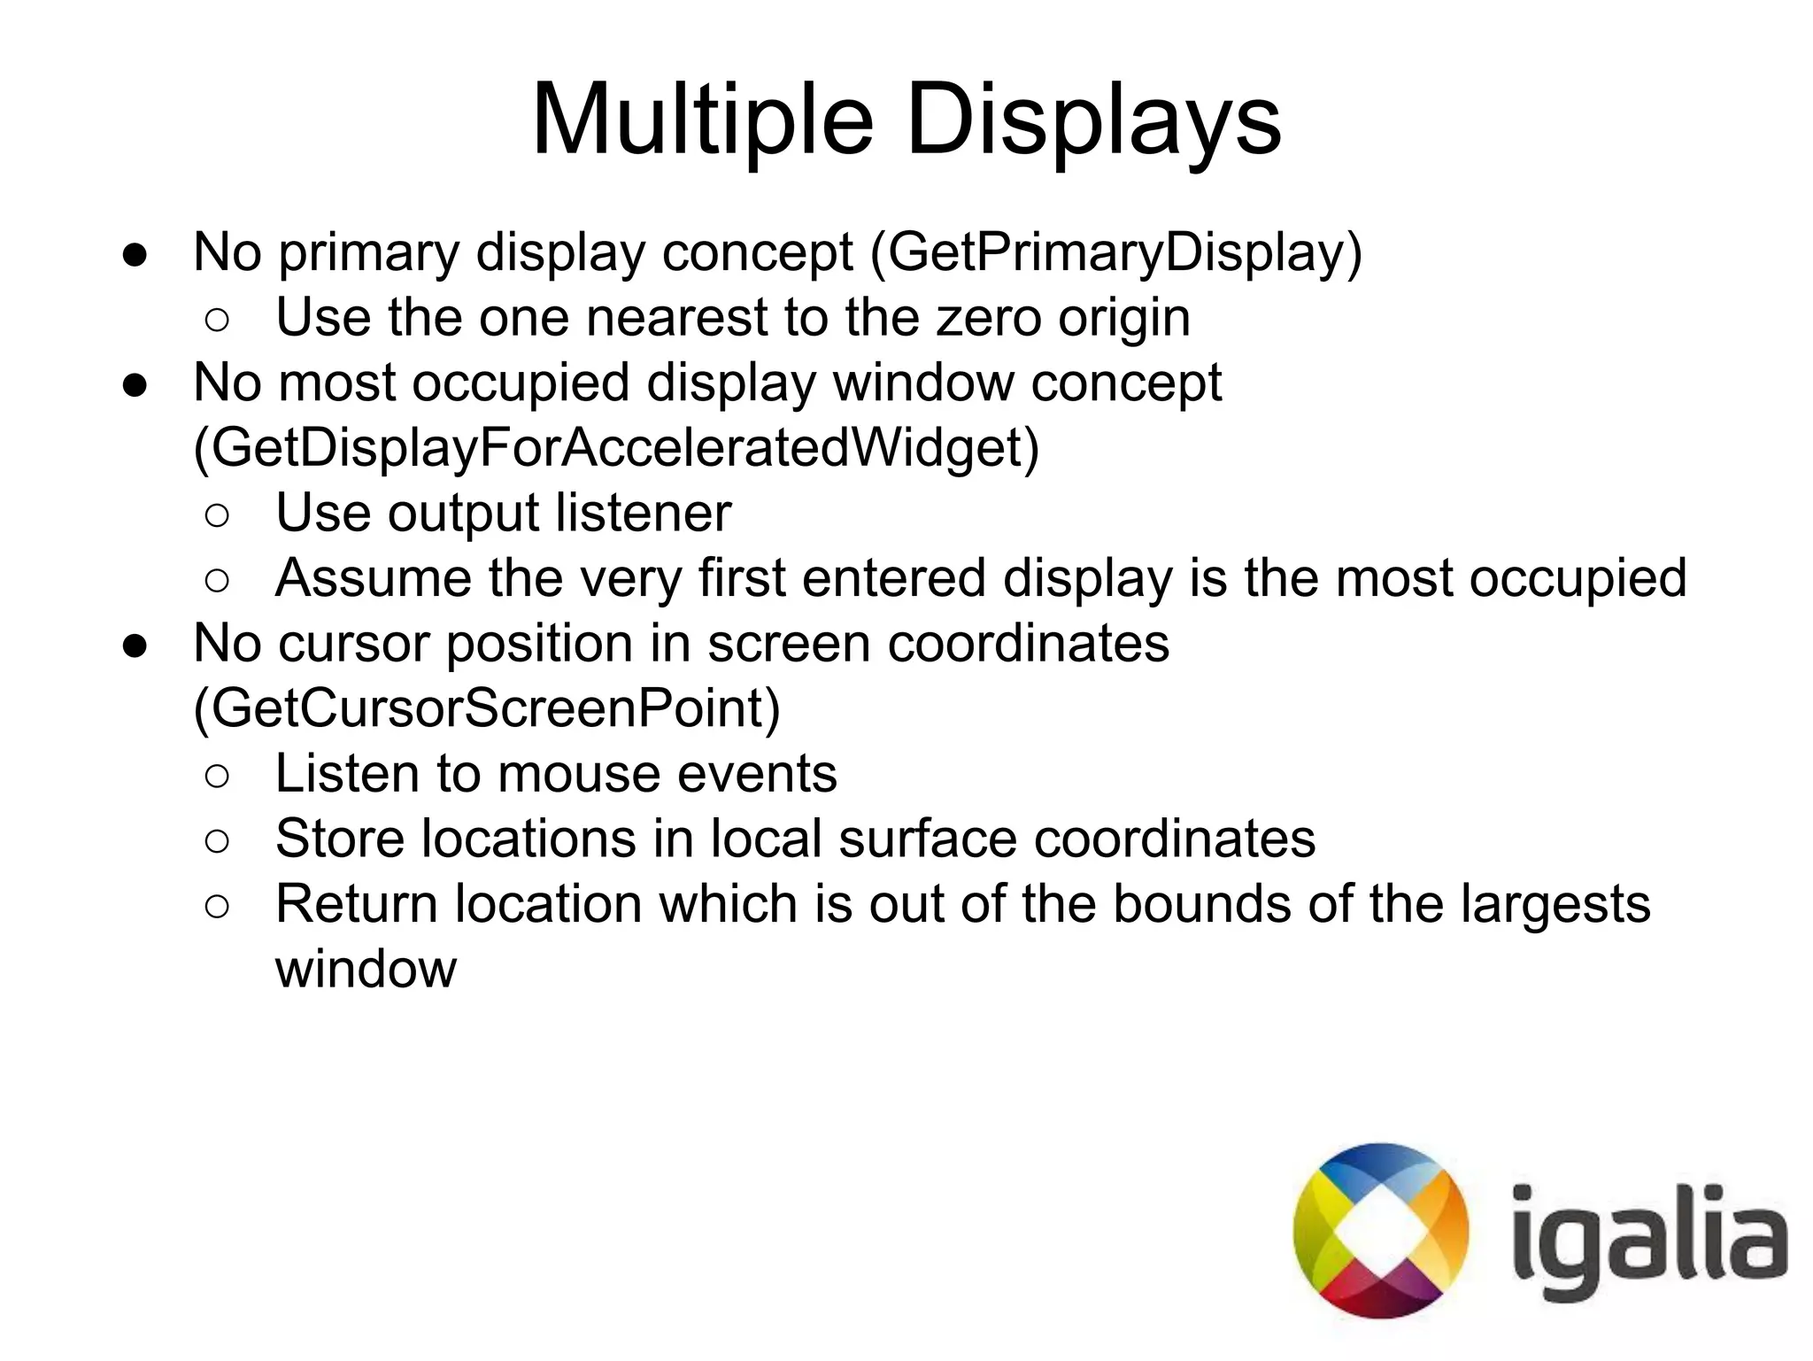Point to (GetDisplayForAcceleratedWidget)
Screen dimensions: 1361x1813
[616, 447]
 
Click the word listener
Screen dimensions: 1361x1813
[644, 513]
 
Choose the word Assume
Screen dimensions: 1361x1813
[373, 578]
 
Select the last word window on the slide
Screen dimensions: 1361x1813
[366, 970]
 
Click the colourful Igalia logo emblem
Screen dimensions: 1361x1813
[1380, 1231]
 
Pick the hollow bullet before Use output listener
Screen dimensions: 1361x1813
[217, 515]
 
